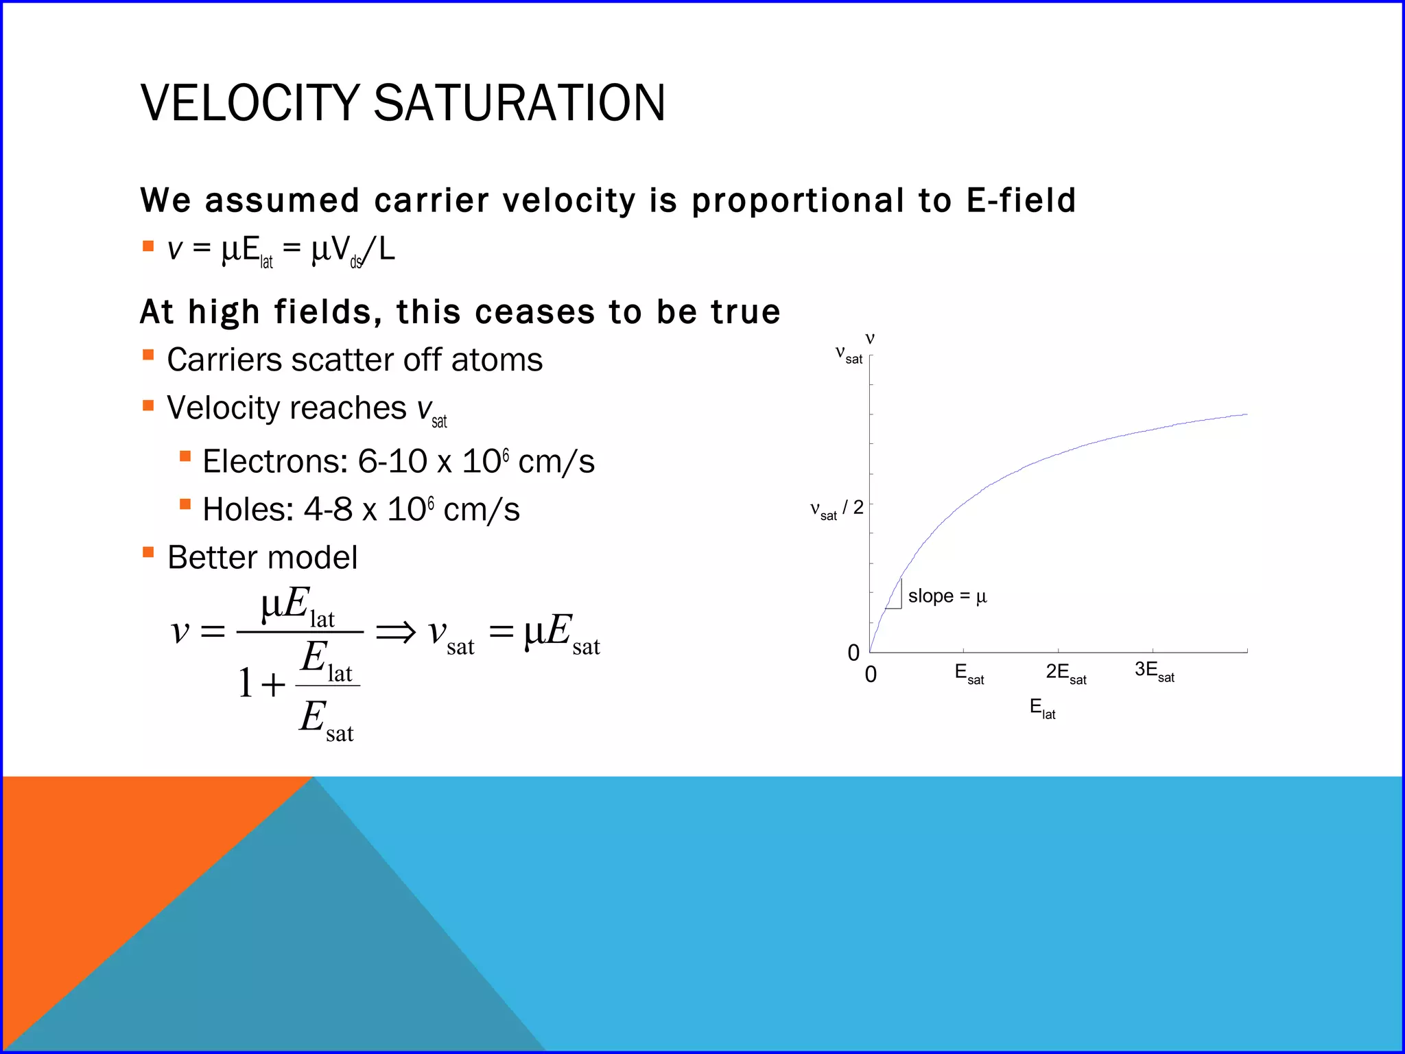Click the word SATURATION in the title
519,103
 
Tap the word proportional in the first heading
798,200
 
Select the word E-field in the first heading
1021,200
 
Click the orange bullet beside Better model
148,552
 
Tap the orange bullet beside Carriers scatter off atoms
148,355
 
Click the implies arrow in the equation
396,632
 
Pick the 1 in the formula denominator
245,683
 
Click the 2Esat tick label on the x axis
1065,673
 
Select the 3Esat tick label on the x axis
1154,671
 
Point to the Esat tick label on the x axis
969,673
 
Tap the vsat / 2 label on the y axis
836,509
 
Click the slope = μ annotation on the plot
947,596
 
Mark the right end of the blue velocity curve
1246,414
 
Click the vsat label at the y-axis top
849,355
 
